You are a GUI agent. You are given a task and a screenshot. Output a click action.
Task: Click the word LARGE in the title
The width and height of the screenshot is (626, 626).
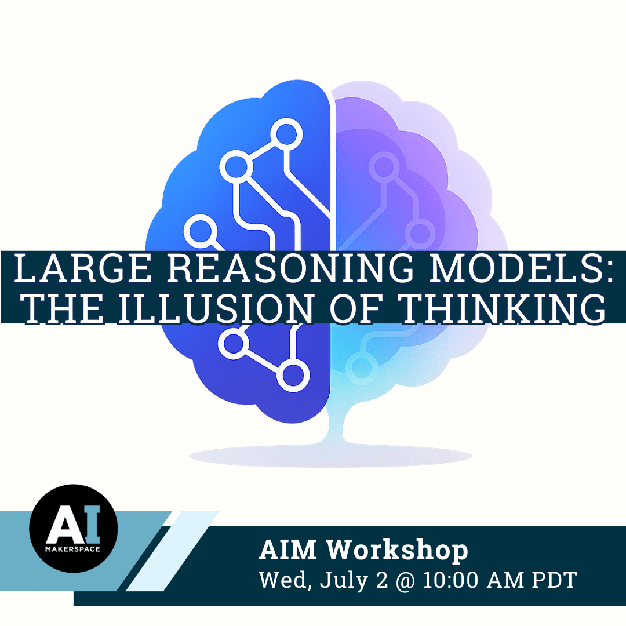pyautogui.click(x=83, y=268)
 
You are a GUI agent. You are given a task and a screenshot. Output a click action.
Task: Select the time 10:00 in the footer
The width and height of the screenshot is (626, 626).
pyautogui.click(x=450, y=580)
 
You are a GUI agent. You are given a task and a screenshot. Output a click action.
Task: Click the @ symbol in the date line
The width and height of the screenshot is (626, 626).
pyautogui.click(x=406, y=580)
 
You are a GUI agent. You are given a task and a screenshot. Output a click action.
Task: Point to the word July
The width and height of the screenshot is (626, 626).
pyautogui.click(x=343, y=581)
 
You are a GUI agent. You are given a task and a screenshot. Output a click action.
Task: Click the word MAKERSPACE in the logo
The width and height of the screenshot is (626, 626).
pyautogui.click(x=72, y=549)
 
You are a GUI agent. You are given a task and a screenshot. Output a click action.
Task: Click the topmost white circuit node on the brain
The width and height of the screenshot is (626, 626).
pyautogui.click(x=286, y=134)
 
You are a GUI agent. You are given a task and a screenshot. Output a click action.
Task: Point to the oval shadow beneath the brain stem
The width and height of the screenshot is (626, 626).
pyautogui.click(x=330, y=456)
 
